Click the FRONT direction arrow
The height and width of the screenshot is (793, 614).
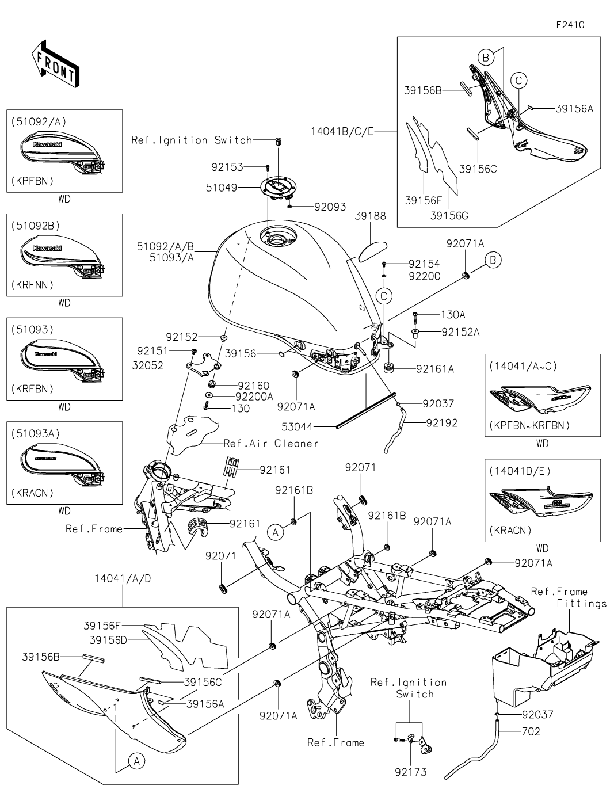click(x=55, y=63)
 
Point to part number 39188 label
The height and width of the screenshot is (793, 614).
click(x=371, y=216)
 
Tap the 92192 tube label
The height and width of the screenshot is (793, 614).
click(x=442, y=423)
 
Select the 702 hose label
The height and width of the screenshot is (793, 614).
click(x=531, y=732)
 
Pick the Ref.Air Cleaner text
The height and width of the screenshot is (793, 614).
click(x=270, y=443)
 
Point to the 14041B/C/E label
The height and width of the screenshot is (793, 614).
click(x=342, y=131)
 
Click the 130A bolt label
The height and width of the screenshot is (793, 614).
click(x=453, y=315)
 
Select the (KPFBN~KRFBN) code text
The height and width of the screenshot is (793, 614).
click(x=529, y=426)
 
